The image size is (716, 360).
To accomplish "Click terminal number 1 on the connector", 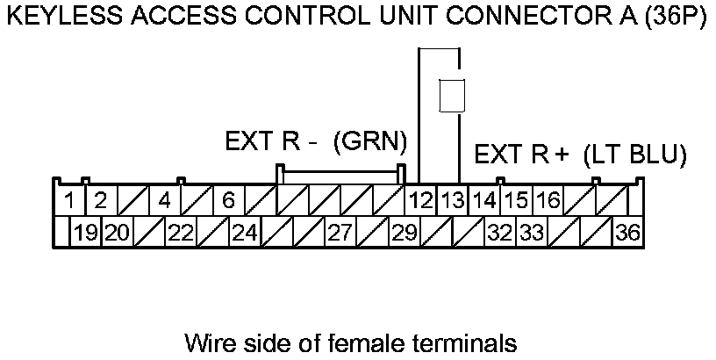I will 68,200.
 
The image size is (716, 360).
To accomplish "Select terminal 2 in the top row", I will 100,200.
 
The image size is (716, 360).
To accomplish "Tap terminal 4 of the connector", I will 164,200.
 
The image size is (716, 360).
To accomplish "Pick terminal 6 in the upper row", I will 227,200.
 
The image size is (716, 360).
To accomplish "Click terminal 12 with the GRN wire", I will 422,200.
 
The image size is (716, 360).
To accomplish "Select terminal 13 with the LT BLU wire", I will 453,200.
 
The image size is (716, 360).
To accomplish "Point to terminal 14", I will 484,200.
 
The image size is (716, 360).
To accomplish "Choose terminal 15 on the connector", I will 516,200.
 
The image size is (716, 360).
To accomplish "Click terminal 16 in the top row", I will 548,200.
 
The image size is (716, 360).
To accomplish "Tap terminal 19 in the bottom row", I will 85,233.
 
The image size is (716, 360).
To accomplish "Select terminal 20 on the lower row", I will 117,233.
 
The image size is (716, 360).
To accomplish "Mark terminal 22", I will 180,233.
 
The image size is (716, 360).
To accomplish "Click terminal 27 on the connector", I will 339,233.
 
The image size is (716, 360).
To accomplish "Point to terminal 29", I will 403,233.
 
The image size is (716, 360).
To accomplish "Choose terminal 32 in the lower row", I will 498,233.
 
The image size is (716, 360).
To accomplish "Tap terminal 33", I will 530,233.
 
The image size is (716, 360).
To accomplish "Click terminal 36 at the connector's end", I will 626,233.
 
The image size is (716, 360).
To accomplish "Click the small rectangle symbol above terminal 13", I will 451,95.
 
